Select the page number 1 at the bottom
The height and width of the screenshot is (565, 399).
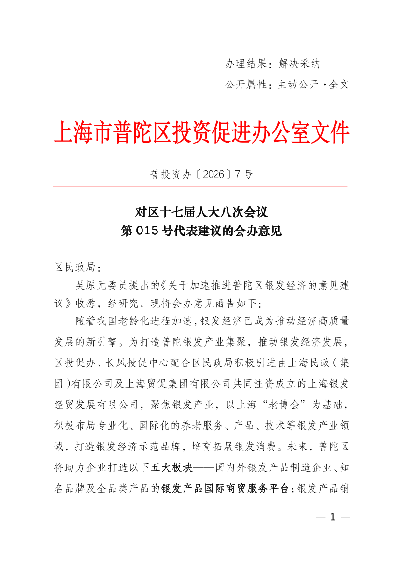(332, 517)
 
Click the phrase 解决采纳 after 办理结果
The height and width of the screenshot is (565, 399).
(299, 64)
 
